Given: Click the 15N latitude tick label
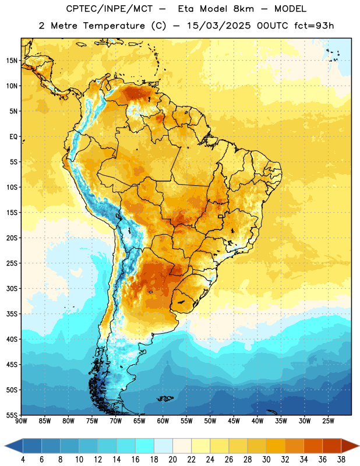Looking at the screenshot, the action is [12, 61].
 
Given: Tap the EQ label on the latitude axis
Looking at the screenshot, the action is [13, 137].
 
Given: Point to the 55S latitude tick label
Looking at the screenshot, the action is [12, 415].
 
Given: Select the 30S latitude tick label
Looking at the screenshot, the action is [12, 288].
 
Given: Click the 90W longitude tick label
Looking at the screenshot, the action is [21, 421].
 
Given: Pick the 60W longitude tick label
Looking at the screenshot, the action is [163, 421].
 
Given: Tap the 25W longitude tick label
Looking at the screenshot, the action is [328, 421].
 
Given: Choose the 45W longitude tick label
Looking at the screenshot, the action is [234, 421].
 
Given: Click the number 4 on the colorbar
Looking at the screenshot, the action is [23, 460].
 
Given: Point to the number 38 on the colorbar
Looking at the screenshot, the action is [341, 460].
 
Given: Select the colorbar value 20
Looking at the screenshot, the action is [172, 460].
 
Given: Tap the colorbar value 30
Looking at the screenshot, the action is [266, 460].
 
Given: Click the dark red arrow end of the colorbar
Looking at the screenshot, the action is [350, 446].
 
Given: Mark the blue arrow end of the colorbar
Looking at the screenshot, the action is [14, 446].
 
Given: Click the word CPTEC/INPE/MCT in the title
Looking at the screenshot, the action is [109, 9].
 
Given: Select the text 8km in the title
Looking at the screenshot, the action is [243, 9].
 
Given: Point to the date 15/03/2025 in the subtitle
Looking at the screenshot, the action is [219, 26].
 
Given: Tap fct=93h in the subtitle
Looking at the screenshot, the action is [314, 26].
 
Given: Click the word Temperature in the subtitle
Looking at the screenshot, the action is [114, 26].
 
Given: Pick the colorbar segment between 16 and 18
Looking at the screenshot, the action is [144, 446].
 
